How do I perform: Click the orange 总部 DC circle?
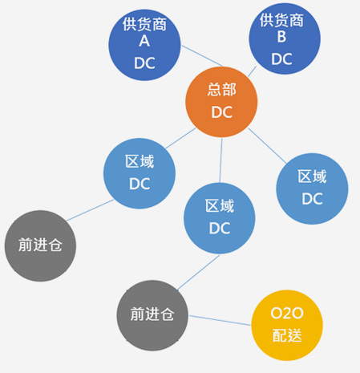pyautogui.click(x=221, y=102)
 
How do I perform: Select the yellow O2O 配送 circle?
pyautogui.click(x=287, y=325)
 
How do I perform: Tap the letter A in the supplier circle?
pyautogui.click(x=144, y=41)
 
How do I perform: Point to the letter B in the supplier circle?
pyautogui.click(x=282, y=37)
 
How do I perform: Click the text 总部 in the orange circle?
pyautogui.click(x=222, y=89)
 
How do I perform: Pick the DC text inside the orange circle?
pyautogui.click(x=222, y=112)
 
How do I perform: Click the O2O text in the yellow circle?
pyautogui.click(x=287, y=313)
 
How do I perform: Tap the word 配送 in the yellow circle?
pyautogui.click(x=287, y=335)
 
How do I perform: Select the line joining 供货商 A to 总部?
pyautogui.click(x=202, y=55)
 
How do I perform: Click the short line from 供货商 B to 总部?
pyautogui.click(x=252, y=71)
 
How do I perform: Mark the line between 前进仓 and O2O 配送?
pyautogui.click(x=220, y=320)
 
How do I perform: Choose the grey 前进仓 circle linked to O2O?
pyautogui.click(x=152, y=315)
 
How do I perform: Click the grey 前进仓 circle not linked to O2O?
pyautogui.click(x=40, y=245)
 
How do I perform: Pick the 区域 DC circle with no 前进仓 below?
pyautogui.click(x=312, y=189)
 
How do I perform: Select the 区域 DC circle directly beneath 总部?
pyautogui.click(x=220, y=218)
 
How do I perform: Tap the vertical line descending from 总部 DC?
pyautogui.click(x=220, y=160)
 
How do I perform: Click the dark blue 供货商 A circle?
pyautogui.click(x=144, y=45)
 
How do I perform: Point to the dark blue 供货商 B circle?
pyautogui.click(x=285, y=39)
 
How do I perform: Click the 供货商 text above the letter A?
pyautogui.click(x=144, y=24)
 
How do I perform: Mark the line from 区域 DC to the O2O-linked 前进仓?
pyautogui.click(x=198, y=273)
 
